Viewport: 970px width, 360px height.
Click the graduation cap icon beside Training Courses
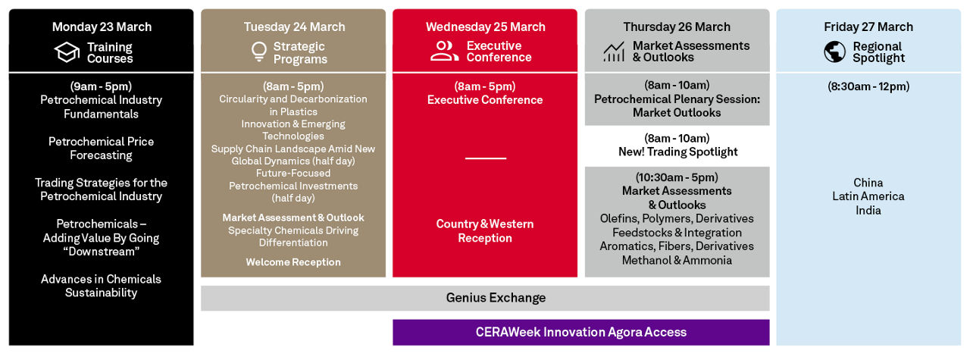[67, 52]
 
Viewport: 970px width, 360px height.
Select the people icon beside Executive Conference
[444, 51]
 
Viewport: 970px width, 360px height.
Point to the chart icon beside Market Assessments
[614, 52]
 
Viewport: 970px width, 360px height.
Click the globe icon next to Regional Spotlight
[835, 52]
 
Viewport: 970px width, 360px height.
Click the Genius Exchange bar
[485, 298]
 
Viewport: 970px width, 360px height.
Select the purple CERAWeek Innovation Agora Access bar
[581, 332]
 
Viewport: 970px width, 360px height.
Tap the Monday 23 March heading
[102, 27]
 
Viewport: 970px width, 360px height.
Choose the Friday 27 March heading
[868, 27]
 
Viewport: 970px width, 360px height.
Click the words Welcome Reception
[293, 262]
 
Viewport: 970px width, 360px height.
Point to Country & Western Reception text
[485, 231]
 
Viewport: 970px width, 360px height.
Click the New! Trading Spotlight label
[677, 152]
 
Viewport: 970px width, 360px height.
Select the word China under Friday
[868, 183]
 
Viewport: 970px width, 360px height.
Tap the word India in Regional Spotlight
[868, 211]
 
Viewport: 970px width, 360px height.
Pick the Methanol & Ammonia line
[677, 261]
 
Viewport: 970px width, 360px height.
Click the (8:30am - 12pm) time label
[868, 86]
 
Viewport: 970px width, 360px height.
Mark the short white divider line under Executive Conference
[486, 158]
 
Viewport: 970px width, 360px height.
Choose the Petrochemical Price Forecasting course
[101, 148]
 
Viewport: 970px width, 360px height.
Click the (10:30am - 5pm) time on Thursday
[677, 177]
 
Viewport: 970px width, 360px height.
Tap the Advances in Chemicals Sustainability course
[101, 286]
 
